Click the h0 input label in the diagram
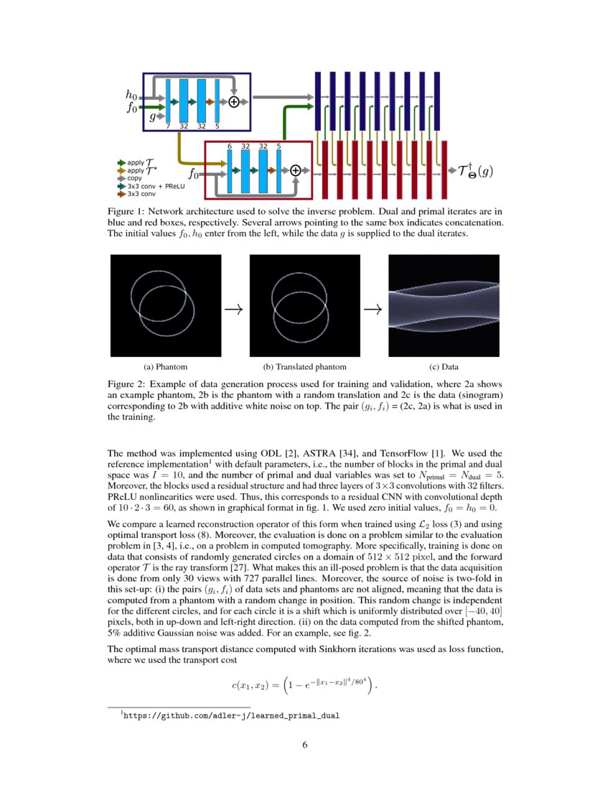click(131, 95)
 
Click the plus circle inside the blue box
click(234, 102)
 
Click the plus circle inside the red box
click(296, 170)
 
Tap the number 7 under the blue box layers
click(167, 126)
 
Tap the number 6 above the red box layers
click(229, 146)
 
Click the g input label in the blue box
click(152, 116)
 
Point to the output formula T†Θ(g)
click(474, 171)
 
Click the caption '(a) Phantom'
click(166, 366)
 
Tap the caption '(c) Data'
click(443, 366)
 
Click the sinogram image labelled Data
click(443, 305)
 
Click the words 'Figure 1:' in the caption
click(128, 212)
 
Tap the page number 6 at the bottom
click(305, 745)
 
